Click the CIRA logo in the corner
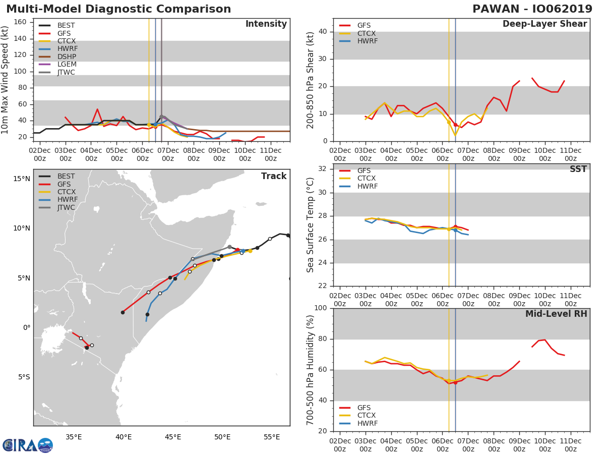pyautogui.click(x=28, y=445)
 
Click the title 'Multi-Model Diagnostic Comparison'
pyautogui.click(x=118, y=9)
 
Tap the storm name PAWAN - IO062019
pyautogui.click(x=532, y=9)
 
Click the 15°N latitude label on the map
pyautogui.click(x=22, y=179)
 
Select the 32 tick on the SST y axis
pyautogui.click(x=323, y=168)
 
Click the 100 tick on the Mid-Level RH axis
pyautogui.click(x=321, y=308)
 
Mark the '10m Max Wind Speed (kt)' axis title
pyautogui.click(x=5, y=80)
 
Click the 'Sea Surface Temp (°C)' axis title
pyautogui.click(x=310, y=225)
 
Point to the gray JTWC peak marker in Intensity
pyautogui.click(x=161, y=117)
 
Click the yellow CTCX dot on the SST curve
pyautogui.click(x=449, y=229)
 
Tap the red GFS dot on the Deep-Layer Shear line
pyautogui.click(x=455, y=125)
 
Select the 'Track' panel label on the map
pyautogui.click(x=274, y=176)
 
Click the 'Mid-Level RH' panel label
pyautogui.click(x=556, y=314)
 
